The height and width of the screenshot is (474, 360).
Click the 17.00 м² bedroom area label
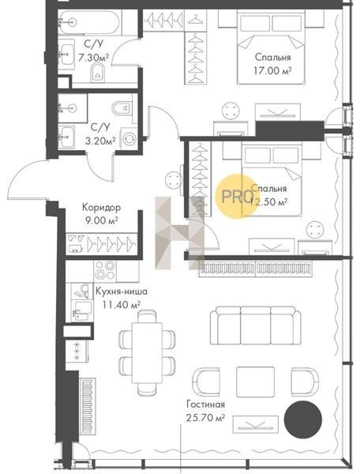[x=272, y=71]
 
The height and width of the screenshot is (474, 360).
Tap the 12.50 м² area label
[x=268, y=202]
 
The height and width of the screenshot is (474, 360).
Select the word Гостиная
[x=206, y=404]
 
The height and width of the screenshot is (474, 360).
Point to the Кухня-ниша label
[x=122, y=292]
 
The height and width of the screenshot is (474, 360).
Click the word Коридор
[x=102, y=208]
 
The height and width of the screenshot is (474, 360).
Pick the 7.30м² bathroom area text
[x=93, y=57]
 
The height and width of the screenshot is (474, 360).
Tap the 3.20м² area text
[x=100, y=141]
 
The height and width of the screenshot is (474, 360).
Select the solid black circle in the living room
[x=303, y=419]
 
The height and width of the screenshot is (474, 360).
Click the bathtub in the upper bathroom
[x=88, y=22]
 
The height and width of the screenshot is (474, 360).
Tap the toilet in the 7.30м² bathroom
[x=98, y=72]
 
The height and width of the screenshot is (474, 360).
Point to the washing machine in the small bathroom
[x=129, y=138]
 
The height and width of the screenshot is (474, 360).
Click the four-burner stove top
[x=105, y=270]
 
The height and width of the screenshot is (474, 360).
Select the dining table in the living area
[x=147, y=352]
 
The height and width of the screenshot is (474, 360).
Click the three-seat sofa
[x=256, y=325]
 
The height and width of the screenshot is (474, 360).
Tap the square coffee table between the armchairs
[x=255, y=382]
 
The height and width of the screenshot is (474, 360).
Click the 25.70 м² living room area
[x=205, y=418]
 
